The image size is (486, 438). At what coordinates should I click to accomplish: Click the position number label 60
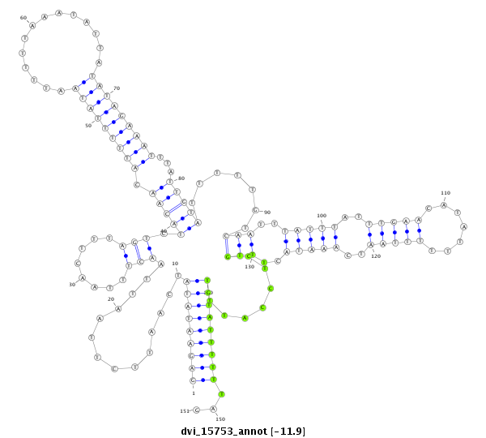coord(23,17)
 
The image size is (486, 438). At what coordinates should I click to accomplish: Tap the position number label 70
coord(117,88)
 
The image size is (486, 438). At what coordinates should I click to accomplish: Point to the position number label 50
coord(88,126)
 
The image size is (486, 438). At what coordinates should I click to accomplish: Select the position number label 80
coord(181,178)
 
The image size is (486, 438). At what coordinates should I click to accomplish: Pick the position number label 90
coord(266,212)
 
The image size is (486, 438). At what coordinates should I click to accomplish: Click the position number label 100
coord(322,216)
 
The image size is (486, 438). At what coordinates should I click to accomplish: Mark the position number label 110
coord(446,193)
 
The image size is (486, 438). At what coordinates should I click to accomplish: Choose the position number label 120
coord(376,256)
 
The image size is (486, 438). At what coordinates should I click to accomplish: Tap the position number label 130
coord(249,266)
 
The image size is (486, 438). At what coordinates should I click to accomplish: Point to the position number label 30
coord(71,285)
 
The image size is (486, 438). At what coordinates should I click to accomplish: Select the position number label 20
coord(111,299)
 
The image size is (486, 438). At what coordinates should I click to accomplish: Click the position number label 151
coord(184,411)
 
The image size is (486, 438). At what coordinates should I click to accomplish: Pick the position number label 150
coord(220,419)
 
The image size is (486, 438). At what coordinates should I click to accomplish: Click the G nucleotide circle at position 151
coord(196,410)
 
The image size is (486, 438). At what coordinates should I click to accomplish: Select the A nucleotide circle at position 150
coord(213,409)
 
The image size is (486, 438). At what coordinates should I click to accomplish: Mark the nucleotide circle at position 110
coord(443,205)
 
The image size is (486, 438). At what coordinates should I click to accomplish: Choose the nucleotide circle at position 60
coord(32,25)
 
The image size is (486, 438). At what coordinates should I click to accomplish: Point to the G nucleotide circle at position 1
coord(193,380)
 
